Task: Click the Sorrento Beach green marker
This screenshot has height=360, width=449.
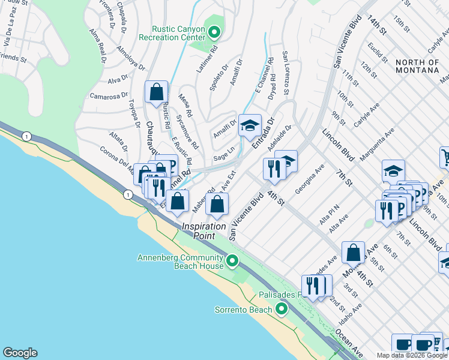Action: [282, 310]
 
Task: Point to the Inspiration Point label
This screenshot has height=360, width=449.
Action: [204, 231]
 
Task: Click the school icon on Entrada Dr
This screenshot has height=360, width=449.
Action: [250, 125]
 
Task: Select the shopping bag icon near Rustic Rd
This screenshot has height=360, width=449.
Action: [156, 92]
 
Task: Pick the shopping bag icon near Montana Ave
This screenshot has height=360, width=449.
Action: [354, 252]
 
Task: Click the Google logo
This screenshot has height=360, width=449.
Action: [20, 353]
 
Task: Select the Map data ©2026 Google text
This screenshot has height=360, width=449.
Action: [412, 355]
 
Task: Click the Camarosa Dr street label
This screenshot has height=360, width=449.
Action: [109, 95]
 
